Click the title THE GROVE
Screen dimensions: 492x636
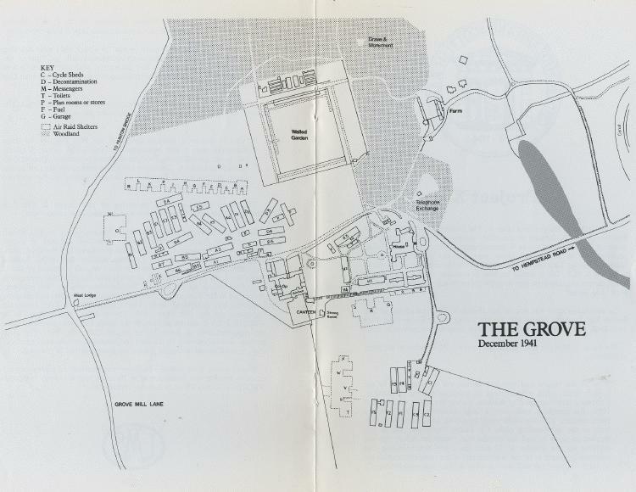pyautogui.click(x=531, y=329)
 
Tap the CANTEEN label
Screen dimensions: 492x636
pyautogui.click(x=304, y=312)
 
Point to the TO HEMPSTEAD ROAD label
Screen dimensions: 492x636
pyautogui.click(x=544, y=259)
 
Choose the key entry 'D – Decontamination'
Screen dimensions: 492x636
pyautogui.click(x=74, y=81)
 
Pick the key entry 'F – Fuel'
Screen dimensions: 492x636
pyautogui.click(x=56, y=110)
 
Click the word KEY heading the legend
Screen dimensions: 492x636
pyautogui.click(x=47, y=66)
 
